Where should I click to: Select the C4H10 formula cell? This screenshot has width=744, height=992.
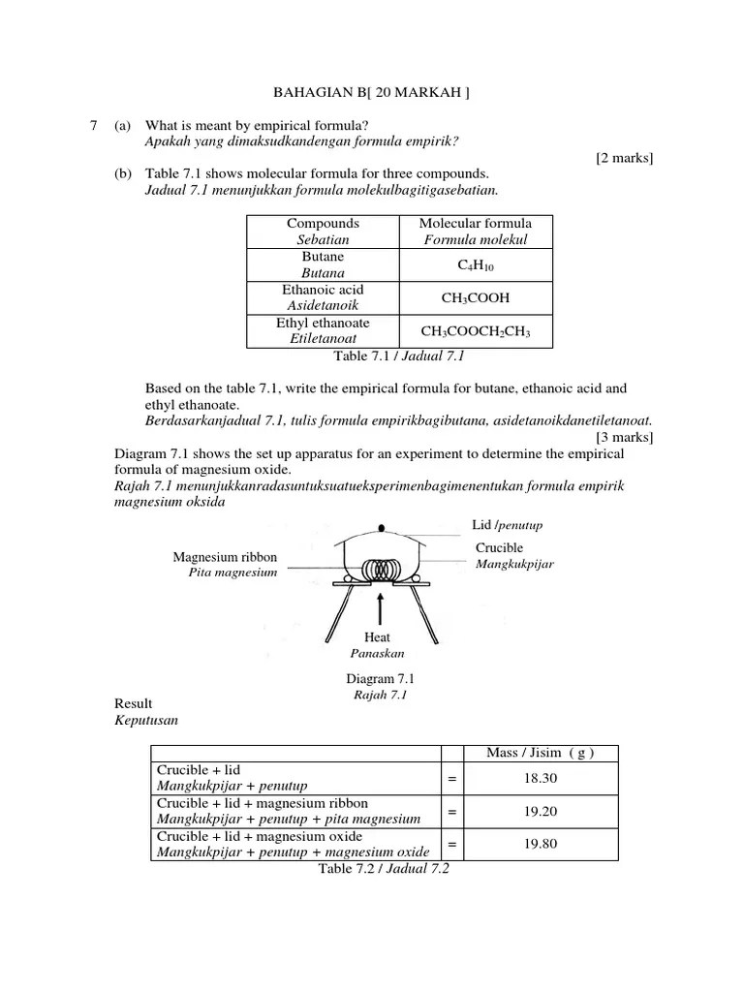475,264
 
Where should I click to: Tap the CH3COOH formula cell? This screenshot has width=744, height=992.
475,297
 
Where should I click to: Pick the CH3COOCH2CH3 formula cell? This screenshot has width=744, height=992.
475,331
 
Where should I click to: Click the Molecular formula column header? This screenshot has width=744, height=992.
475,231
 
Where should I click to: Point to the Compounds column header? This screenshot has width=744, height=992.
324,231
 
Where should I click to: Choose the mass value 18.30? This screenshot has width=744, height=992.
541,778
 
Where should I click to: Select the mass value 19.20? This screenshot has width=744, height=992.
541,811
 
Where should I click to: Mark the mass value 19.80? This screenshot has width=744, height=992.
541,844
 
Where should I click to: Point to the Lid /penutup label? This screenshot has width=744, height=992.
507,525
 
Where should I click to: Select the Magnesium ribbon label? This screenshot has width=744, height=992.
225,557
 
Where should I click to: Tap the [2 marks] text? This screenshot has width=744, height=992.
625,158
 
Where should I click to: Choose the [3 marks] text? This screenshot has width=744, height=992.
625,437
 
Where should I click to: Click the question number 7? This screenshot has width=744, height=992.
93,126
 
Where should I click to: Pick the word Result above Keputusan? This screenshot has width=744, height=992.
134,703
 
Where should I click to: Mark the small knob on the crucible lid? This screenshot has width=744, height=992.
381,528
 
